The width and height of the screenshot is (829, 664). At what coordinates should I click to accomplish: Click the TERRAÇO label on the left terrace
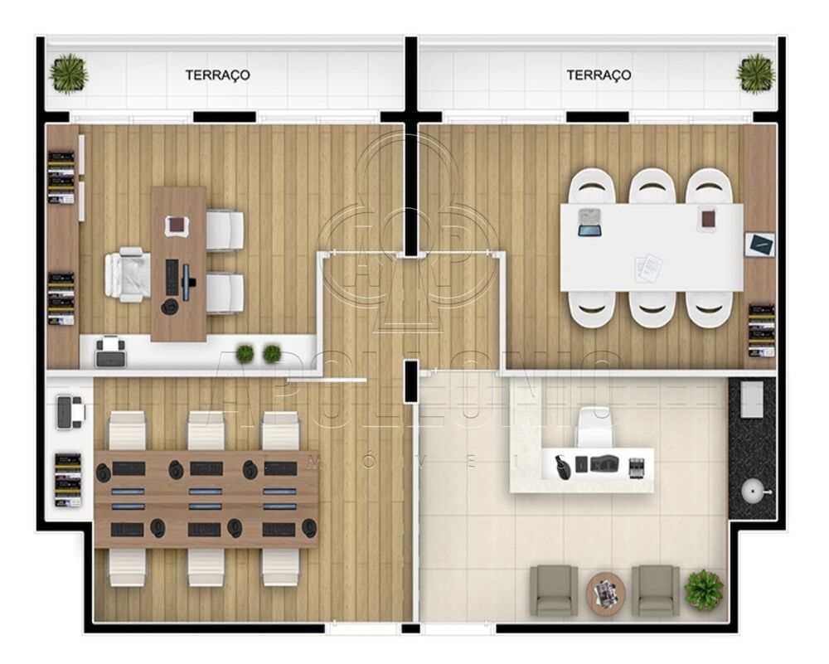217,75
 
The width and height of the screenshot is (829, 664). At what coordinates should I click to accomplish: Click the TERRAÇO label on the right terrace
599,75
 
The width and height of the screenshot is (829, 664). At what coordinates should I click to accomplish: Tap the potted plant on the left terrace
68,73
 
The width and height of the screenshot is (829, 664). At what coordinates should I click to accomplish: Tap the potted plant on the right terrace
755,73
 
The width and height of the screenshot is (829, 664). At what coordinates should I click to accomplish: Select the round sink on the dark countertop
752,490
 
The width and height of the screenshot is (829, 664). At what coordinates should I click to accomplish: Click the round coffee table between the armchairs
606,593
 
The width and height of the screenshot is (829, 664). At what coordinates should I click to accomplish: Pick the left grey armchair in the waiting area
554,590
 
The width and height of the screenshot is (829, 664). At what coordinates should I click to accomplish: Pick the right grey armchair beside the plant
656,590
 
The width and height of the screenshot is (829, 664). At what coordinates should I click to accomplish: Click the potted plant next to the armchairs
704,589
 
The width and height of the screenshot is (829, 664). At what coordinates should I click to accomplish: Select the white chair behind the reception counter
597,428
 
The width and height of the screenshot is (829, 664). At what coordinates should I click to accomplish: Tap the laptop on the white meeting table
589,222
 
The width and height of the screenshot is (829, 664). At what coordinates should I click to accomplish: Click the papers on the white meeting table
648,267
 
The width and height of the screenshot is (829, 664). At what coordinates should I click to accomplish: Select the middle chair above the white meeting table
652,187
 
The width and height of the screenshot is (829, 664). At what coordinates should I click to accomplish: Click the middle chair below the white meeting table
652,308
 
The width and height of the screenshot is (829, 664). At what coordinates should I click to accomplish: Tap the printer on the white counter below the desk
110,352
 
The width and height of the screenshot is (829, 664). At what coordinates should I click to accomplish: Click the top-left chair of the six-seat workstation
127,431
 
